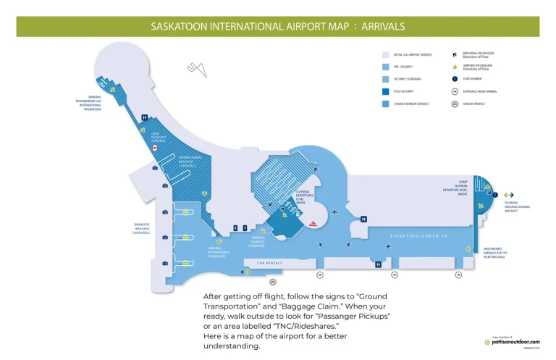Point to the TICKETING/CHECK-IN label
tap(418, 237)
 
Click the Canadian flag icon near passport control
tap(154, 147)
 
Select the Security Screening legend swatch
tap(386, 78)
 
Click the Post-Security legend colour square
tap(386, 91)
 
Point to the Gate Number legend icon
tap(454, 78)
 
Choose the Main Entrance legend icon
tap(454, 104)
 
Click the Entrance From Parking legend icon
tap(454, 91)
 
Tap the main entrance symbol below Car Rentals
tap(272, 280)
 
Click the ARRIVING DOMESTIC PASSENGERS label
tap(258, 240)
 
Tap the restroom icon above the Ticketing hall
tap(363, 219)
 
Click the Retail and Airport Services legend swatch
tap(386, 54)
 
